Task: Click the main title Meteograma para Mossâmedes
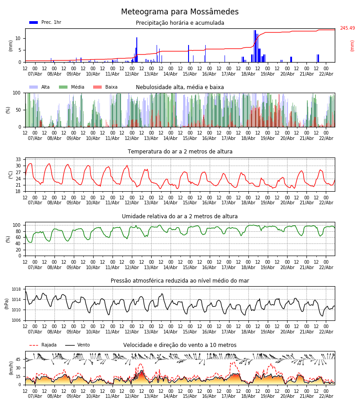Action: click(180, 12)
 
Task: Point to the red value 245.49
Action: click(347, 28)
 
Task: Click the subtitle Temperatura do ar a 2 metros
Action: click(180, 152)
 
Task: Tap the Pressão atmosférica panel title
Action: click(180, 281)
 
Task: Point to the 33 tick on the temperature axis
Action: click(18, 159)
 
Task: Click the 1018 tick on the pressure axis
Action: click(17, 289)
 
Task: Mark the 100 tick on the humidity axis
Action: click(17, 225)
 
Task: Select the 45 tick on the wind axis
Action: click(18, 359)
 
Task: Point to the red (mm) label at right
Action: click(352, 45)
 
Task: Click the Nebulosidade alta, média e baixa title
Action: click(180, 87)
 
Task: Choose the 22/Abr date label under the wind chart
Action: click(326, 396)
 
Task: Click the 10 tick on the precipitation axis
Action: click(18, 38)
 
